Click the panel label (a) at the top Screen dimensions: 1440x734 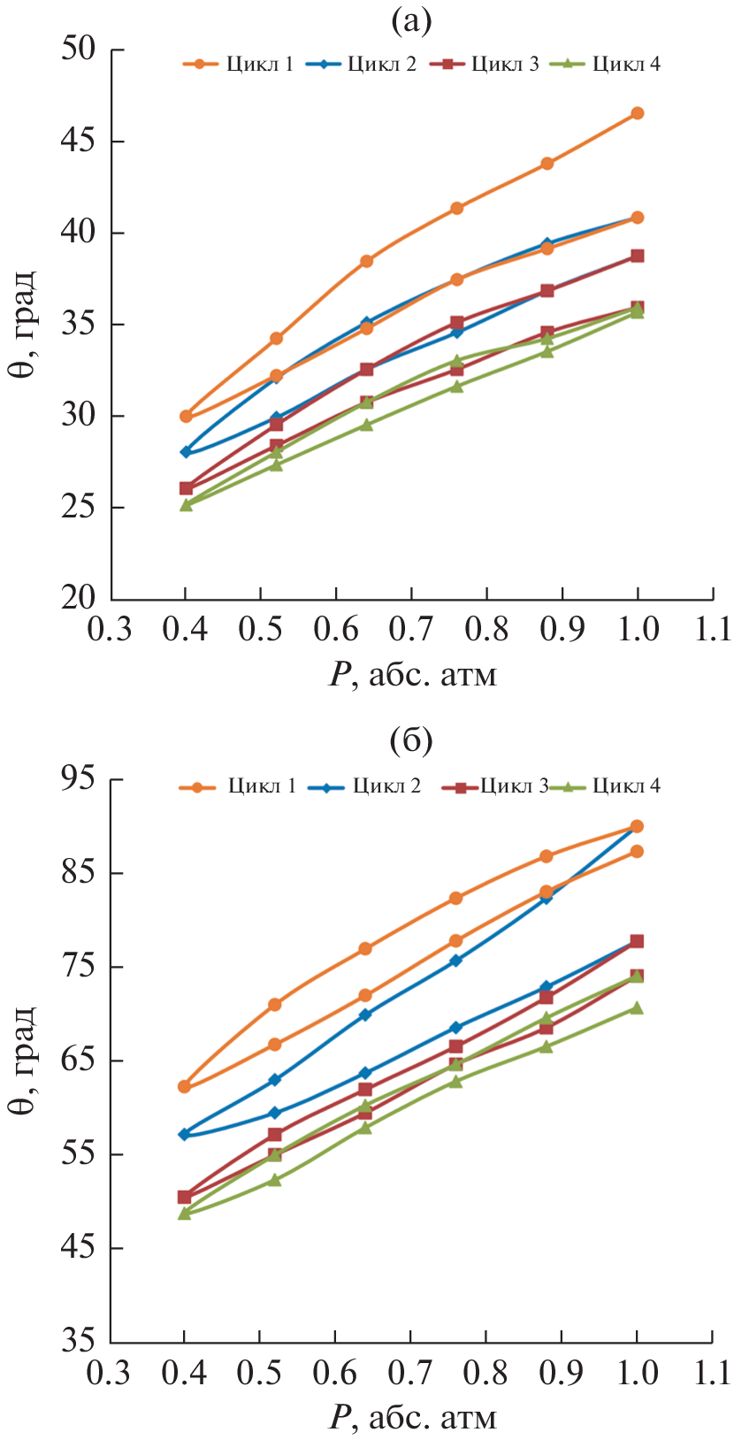pos(411,22)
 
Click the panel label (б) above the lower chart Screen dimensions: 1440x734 pos(411,742)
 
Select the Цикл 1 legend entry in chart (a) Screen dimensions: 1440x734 pos(239,64)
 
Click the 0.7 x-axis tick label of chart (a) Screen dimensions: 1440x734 pos(411,630)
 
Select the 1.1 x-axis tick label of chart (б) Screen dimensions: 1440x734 pos(713,1373)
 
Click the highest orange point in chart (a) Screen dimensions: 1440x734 pos(637,113)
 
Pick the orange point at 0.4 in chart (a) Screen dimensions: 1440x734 pos(186,416)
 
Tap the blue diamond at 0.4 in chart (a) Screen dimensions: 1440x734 pos(186,452)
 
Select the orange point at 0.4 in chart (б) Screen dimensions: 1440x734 pos(184,1086)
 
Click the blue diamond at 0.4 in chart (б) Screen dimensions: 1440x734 pos(184,1134)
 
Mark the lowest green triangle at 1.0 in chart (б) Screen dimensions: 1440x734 pos(637,1007)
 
